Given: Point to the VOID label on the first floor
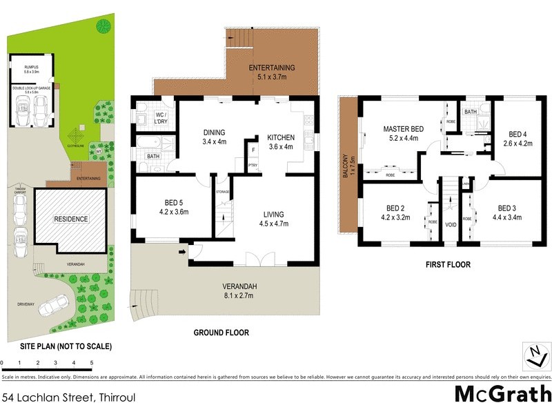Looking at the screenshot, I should tap(451, 225).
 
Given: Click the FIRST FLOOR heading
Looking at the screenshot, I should tap(448, 264).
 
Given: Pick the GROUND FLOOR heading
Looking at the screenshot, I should tap(221, 333).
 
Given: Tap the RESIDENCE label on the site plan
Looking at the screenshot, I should tap(72, 219).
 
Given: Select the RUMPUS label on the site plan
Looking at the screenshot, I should tap(32, 68).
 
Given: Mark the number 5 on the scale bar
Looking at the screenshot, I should tap(92, 362).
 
